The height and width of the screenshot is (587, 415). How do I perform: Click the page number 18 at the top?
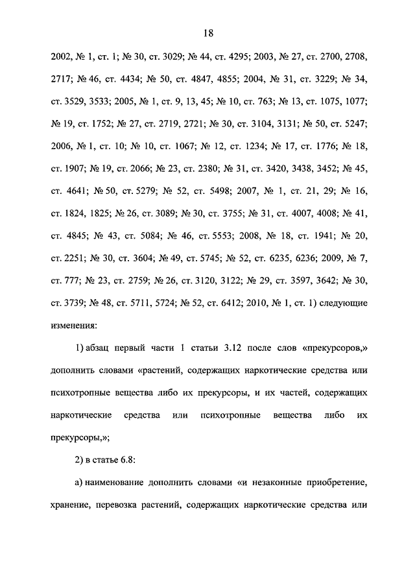click(207, 34)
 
